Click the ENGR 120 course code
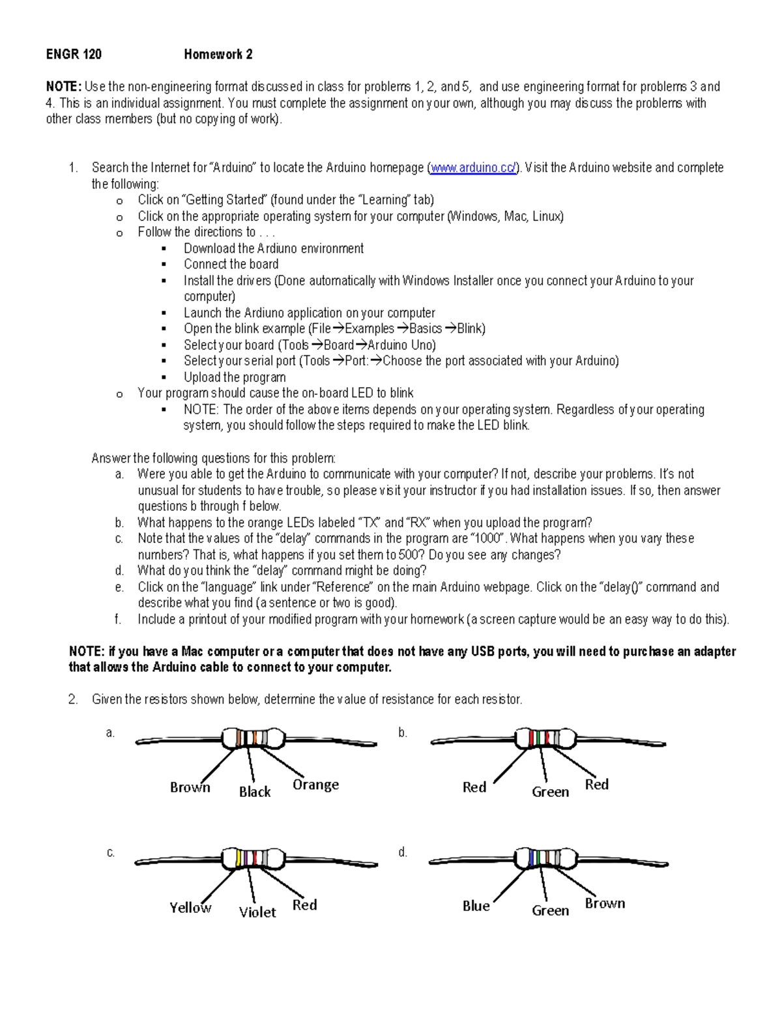[x=74, y=55]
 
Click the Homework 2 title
[x=218, y=55]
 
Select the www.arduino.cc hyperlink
[x=473, y=168]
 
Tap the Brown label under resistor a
[x=190, y=787]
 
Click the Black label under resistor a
[x=254, y=792]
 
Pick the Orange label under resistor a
[x=315, y=785]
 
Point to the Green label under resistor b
[x=550, y=792]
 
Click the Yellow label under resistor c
[x=190, y=908]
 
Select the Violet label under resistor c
[x=257, y=912]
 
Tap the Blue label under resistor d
[x=476, y=906]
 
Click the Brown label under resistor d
[x=605, y=903]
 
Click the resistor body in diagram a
[x=253, y=738]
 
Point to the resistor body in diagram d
[x=546, y=858]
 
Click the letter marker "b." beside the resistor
[x=403, y=733]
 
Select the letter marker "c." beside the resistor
[x=111, y=852]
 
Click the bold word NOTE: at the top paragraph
[x=63, y=87]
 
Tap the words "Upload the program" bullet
[x=235, y=377]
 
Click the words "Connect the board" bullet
[x=231, y=265]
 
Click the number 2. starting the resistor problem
[x=73, y=700]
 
